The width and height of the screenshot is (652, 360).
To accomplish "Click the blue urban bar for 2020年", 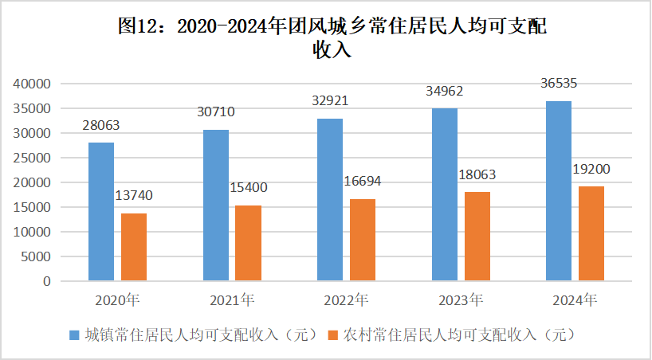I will coord(101,211).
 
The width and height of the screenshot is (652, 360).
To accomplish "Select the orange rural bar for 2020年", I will coord(134,247).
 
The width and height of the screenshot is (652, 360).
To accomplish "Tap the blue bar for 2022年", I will coord(330,199).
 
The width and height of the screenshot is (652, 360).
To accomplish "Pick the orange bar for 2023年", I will coord(477,237).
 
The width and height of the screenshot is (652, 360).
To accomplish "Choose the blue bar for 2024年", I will coord(559,191).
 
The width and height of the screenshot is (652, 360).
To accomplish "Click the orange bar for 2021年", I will coord(248,243).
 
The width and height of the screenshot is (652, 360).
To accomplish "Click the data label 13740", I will coord(133,195).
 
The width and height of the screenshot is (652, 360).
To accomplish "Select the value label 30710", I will coord(216,112).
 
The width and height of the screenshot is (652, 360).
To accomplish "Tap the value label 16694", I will coord(363,182).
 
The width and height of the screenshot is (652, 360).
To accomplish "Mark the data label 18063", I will coord(477,174).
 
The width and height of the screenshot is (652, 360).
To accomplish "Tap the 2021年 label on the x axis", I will coord(232,301).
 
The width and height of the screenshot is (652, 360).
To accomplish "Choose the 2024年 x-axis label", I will coord(575,301).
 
